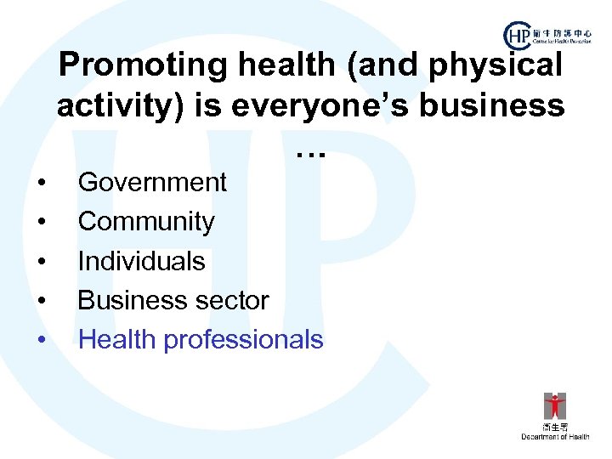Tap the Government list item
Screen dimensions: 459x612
(152, 182)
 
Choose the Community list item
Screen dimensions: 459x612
(146, 222)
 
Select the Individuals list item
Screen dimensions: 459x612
(141, 261)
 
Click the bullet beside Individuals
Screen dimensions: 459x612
(41, 262)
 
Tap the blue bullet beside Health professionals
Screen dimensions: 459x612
(41, 341)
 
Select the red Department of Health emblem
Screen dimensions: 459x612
(555, 405)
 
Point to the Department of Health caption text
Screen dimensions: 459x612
(555, 437)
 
